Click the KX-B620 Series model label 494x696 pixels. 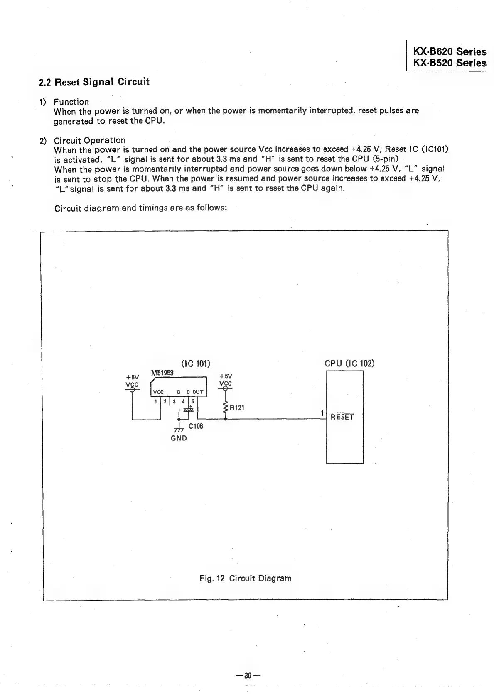point(449,52)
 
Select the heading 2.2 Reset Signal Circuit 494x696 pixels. point(93,82)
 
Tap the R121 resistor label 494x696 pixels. point(237,408)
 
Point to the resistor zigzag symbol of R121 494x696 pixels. point(225,407)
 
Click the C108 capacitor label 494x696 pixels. point(196,426)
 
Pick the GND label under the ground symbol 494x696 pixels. point(179,438)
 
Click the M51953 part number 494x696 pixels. point(162,373)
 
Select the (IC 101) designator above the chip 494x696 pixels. point(196,364)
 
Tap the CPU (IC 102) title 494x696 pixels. point(349,364)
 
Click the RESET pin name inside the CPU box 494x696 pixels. point(342,417)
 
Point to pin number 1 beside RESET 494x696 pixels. point(322,413)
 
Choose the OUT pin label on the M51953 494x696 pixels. point(197,392)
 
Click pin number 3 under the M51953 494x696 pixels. point(174,401)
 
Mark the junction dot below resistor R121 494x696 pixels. point(225,419)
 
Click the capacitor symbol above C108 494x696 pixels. point(189,410)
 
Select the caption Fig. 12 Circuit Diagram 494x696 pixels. point(245,578)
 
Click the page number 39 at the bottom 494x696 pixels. point(248,675)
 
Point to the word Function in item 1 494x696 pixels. point(71,102)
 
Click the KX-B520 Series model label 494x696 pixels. point(449,63)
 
